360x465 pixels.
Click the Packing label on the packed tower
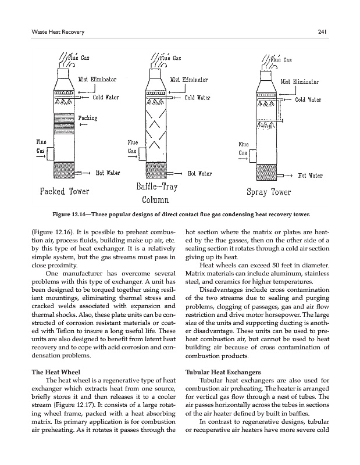(87, 118)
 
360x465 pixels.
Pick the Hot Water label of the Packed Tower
(108, 172)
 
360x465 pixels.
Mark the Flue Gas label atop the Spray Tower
(283, 59)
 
